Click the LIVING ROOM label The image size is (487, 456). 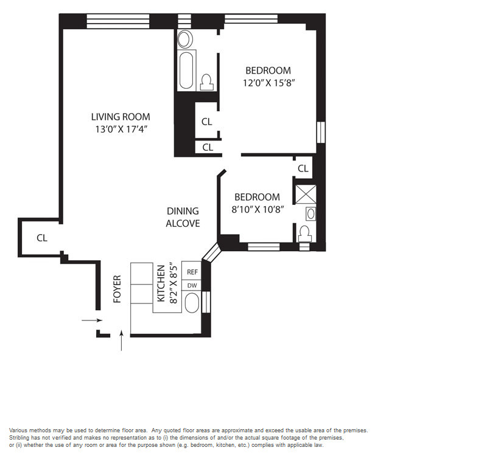pyautogui.click(x=121, y=117)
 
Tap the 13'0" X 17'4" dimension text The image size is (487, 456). pyautogui.click(x=121, y=129)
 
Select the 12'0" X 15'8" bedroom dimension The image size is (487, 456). pyautogui.click(x=268, y=83)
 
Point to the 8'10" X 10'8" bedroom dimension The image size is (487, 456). pyautogui.click(x=258, y=210)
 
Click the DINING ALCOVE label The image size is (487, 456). pyautogui.click(x=183, y=217)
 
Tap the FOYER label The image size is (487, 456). pyautogui.click(x=117, y=289)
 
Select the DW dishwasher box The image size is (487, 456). pyautogui.click(x=192, y=285)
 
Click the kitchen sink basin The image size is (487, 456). pyautogui.click(x=192, y=303)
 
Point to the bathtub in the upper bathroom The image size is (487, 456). pyautogui.click(x=186, y=71)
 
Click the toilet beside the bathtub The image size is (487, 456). pyautogui.click(x=206, y=82)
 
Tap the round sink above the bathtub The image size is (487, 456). pyautogui.click(x=185, y=39)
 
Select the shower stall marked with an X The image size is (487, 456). pyautogui.click(x=306, y=195)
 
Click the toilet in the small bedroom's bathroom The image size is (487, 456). pyautogui.click(x=305, y=233)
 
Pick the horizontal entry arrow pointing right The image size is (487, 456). pyautogui.click(x=92, y=320)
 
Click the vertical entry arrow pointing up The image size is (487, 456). pyautogui.click(x=121, y=340)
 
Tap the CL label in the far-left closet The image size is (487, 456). pyautogui.click(x=42, y=238)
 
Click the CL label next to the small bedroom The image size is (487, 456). pyautogui.click(x=303, y=168)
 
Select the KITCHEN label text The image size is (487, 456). pyautogui.click(x=161, y=283)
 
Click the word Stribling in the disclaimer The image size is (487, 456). pyautogui.click(x=18, y=438)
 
